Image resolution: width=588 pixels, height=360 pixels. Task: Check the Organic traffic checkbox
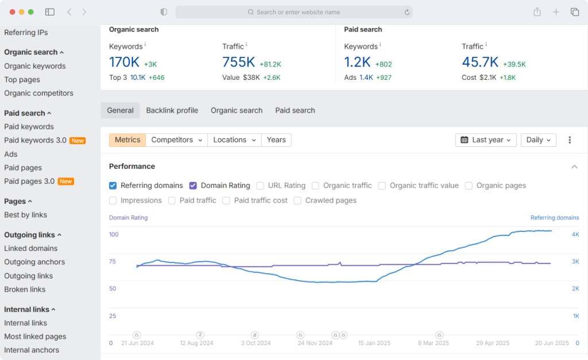(x=315, y=185)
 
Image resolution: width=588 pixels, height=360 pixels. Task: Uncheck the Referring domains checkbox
(x=113, y=185)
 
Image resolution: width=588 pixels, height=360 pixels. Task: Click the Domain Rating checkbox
(x=193, y=185)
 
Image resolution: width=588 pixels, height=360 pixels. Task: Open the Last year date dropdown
(x=486, y=140)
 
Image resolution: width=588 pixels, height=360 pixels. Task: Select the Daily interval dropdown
(x=538, y=140)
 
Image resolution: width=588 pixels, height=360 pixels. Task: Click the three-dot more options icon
(x=570, y=140)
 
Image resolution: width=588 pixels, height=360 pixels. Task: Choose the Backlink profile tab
(x=172, y=111)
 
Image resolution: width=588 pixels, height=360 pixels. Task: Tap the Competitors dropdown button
(x=177, y=140)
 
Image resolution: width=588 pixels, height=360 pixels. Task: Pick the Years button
(x=276, y=140)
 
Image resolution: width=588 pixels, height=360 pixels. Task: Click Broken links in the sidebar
(x=25, y=289)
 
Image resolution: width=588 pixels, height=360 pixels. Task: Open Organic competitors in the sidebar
(x=38, y=93)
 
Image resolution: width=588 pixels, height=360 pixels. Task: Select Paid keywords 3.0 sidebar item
(x=35, y=140)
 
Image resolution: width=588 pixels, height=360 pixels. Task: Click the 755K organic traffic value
(x=238, y=62)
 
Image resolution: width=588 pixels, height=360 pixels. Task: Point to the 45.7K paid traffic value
(x=480, y=62)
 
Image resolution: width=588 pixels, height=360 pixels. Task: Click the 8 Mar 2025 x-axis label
(x=433, y=343)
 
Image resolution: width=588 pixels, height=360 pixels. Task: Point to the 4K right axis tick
(x=575, y=234)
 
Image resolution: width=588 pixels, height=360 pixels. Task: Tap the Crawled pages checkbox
(x=297, y=200)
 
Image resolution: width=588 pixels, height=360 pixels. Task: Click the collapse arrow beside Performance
(x=574, y=167)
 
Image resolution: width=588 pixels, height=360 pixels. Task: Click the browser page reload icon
(x=407, y=13)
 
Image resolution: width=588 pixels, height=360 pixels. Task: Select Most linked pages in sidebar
(x=35, y=337)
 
